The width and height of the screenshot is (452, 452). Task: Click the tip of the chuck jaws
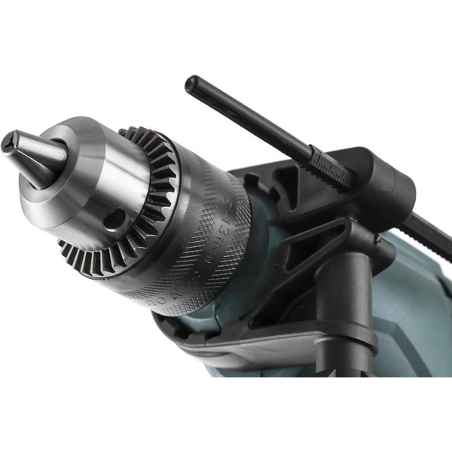[x=10, y=141]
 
